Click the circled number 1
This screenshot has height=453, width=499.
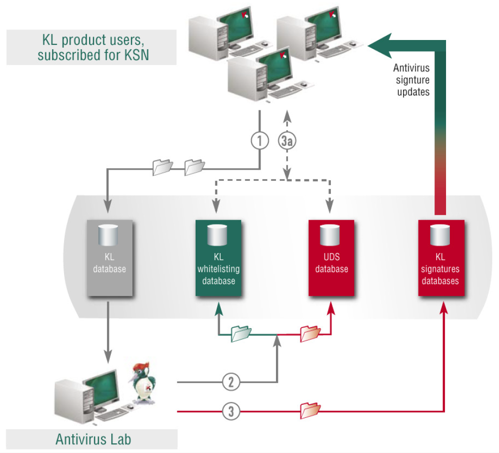pos(260,141)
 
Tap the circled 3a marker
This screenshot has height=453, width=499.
pos(287,141)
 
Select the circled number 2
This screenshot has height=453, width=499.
pos(231,382)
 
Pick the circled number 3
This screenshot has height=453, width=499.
pos(231,412)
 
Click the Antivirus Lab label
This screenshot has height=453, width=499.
pos(93,439)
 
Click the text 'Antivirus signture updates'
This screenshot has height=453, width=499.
pos(413,80)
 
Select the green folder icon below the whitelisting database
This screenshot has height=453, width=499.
pos(241,333)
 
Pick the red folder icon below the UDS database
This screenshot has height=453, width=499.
pos(310,333)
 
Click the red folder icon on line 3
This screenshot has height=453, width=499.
pos(310,410)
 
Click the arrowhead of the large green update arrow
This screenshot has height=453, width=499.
pos(378,45)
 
